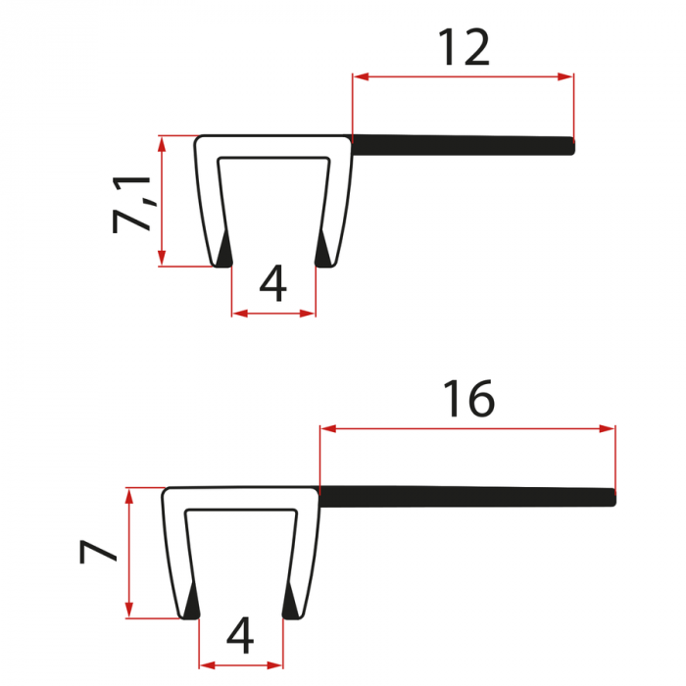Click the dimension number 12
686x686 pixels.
(x=464, y=47)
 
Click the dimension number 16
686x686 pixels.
(x=468, y=399)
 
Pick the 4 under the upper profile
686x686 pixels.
(x=273, y=284)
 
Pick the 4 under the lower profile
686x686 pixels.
(x=240, y=638)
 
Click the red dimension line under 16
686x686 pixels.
(x=467, y=427)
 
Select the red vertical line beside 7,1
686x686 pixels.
(x=161, y=201)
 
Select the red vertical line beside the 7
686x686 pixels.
(x=128, y=554)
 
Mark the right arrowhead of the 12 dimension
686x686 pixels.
(x=565, y=75)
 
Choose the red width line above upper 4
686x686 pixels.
(x=273, y=314)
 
